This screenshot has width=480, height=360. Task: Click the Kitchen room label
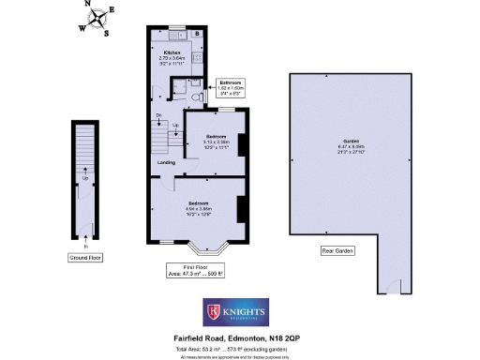pos(172,52)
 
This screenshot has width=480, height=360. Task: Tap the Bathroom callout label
pos(231,82)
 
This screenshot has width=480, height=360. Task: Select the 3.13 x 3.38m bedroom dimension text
pos(217,143)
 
